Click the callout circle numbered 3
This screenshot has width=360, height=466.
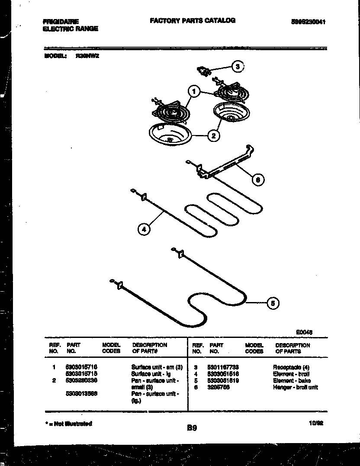pyautogui.click(x=237, y=67)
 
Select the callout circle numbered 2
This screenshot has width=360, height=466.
pyautogui.click(x=213, y=135)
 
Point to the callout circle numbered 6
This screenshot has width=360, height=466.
pyautogui.click(x=258, y=180)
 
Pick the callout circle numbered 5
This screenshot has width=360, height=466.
pyautogui.click(x=272, y=303)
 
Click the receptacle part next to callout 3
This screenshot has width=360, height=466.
pyautogui.click(x=203, y=71)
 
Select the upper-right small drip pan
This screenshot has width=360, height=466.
pyautogui.click(x=229, y=113)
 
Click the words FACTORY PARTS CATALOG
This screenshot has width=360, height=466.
pyautogui.click(x=193, y=20)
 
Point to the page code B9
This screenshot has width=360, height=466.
pyautogui.click(x=192, y=428)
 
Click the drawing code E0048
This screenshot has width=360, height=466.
pyautogui.click(x=305, y=332)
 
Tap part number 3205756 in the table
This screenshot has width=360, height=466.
pyautogui.click(x=219, y=387)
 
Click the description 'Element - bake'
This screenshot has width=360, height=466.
pyautogui.click(x=292, y=381)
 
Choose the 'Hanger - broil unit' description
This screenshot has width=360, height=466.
pyautogui.click(x=295, y=387)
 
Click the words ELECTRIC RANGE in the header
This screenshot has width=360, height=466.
pyautogui.click(x=71, y=29)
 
